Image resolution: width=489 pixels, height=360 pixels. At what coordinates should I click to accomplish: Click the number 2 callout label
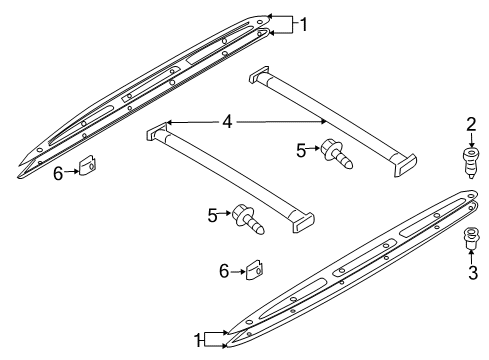click(471, 124)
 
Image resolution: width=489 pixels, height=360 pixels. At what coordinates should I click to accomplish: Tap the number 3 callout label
click(473, 272)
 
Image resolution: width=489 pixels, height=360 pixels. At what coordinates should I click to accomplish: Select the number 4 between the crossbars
click(227, 122)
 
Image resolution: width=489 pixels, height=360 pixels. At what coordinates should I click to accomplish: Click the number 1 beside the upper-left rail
click(303, 24)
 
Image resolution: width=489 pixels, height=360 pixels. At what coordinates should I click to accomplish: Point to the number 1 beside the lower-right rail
click(197, 340)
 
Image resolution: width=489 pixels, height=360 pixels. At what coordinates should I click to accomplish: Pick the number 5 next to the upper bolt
click(301, 151)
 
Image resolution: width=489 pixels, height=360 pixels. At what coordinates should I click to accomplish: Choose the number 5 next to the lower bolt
click(212, 215)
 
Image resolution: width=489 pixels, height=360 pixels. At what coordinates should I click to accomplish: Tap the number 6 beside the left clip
click(58, 174)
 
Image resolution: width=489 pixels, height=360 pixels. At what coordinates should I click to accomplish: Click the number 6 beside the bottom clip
click(224, 271)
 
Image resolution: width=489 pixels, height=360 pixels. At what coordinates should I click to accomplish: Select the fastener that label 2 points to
click(471, 162)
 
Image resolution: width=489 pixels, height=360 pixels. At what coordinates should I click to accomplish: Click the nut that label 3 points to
click(471, 238)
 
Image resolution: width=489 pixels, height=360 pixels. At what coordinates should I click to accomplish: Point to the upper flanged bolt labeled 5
click(336, 154)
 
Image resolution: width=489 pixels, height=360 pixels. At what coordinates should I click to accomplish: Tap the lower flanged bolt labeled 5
click(248, 218)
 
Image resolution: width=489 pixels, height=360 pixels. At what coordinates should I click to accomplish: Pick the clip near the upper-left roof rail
click(88, 165)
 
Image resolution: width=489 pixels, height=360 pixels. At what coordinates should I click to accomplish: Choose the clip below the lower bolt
click(255, 269)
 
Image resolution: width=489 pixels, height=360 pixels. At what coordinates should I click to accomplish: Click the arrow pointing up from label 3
click(471, 257)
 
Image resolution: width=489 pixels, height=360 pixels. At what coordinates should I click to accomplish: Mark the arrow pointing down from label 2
click(471, 140)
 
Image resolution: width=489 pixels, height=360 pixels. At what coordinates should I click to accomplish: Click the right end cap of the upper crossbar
click(404, 164)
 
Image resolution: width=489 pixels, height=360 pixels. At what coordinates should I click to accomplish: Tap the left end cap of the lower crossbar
click(157, 132)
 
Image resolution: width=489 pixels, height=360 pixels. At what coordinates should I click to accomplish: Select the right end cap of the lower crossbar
click(303, 221)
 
